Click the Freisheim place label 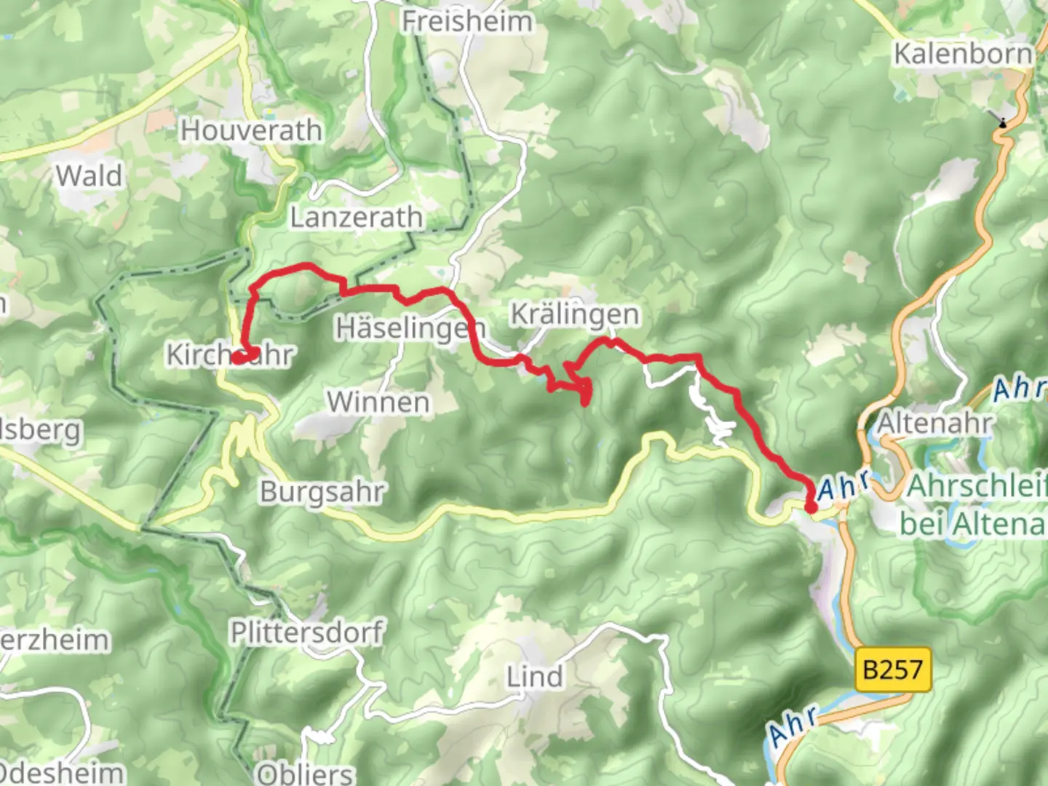click(x=467, y=21)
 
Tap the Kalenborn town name click(x=962, y=54)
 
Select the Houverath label click(x=251, y=130)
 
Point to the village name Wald click(x=89, y=175)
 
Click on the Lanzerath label click(x=357, y=217)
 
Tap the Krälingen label click(x=575, y=314)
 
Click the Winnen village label click(x=378, y=402)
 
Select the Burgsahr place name click(x=322, y=492)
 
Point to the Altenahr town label click(x=934, y=423)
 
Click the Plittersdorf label click(x=306, y=632)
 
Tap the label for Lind click(x=535, y=677)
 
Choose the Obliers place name click(x=305, y=772)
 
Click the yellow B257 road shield click(x=892, y=669)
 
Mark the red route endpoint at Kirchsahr click(x=238, y=357)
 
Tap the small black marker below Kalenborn click(x=1003, y=123)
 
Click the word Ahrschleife click(x=975, y=486)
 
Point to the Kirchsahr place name click(x=229, y=354)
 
